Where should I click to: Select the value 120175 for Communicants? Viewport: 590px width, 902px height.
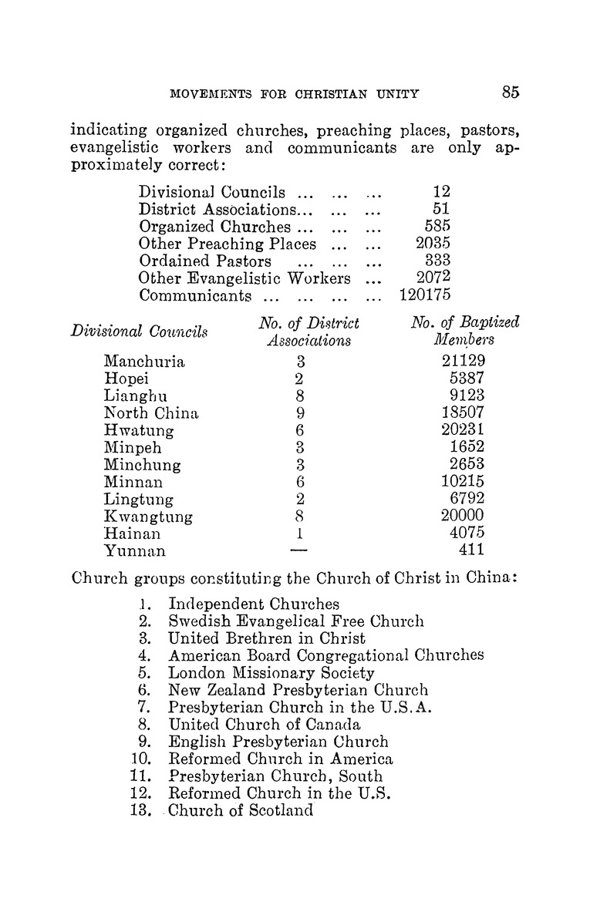pyautogui.click(x=425, y=295)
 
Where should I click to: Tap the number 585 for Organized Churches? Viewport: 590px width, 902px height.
pyautogui.click(x=437, y=227)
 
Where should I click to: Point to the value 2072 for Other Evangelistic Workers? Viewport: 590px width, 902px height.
pyautogui.click(x=433, y=278)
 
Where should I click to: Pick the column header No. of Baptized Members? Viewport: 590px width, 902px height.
pyautogui.click(x=465, y=330)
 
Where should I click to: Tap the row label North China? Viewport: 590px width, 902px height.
pyautogui.click(x=151, y=412)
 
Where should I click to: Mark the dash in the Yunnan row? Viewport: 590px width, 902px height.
pyautogui.click(x=299, y=550)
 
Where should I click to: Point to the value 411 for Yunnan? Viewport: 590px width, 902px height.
pyautogui.click(x=470, y=550)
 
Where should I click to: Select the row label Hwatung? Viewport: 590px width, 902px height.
pyautogui.click(x=139, y=430)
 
